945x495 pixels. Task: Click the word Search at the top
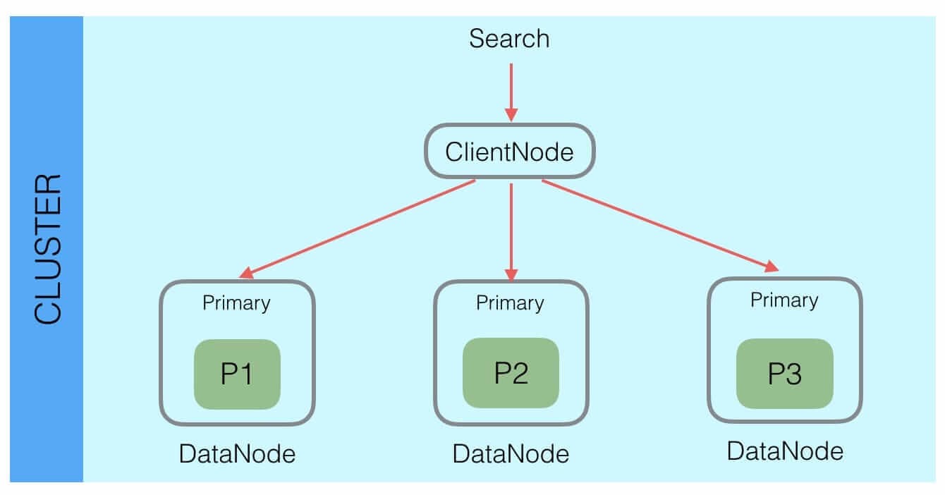pos(509,39)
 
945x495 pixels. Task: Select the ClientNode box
pos(509,151)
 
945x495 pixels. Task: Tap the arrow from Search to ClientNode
pos(511,88)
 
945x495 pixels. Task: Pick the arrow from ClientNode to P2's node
pos(511,226)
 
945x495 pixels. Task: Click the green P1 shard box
pos(237,374)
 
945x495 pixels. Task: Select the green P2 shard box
pos(511,374)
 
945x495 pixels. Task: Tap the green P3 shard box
pos(784,374)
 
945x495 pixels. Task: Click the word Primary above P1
pos(236,303)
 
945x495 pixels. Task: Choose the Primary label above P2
pos(510,303)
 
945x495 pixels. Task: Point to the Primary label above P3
pos(784,301)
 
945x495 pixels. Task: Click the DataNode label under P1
pos(237,454)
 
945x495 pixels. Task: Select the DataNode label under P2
pos(511,453)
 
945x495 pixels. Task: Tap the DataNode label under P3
pos(785,451)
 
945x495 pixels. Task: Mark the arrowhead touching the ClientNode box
pos(511,115)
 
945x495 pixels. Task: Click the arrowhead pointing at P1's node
pos(247,274)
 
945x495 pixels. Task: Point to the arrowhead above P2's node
pos(511,274)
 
